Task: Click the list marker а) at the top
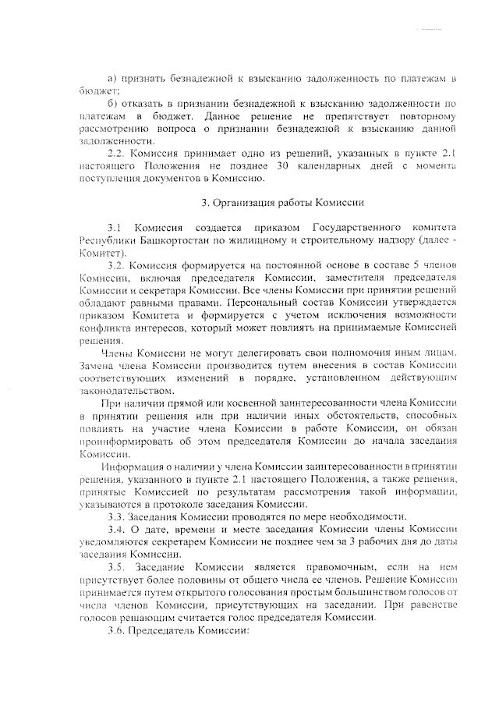click(x=110, y=79)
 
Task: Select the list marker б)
click(x=110, y=103)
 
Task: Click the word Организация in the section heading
click(x=246, y=204)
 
